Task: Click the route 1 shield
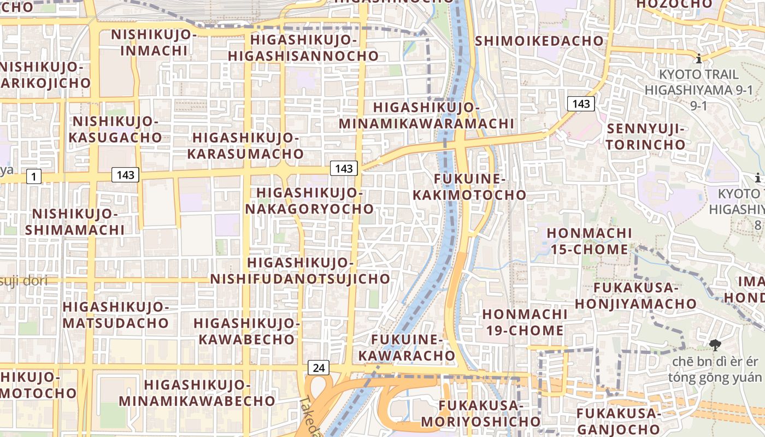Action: (34, 176)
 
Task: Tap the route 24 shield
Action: (319, 368)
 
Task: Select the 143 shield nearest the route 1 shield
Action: (125, 175)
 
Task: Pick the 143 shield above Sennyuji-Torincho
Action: (580, 103)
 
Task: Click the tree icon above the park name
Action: (714, 345)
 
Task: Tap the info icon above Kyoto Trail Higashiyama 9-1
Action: (698, 58)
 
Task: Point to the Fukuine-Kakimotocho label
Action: (469, 187)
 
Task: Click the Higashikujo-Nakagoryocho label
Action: (309, 200)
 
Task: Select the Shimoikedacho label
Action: (539, 41)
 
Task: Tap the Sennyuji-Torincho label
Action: (645, 137)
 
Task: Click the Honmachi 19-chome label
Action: (523, 322)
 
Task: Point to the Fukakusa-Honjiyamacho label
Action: (635, 295)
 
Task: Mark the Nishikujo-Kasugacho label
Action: (115, 129)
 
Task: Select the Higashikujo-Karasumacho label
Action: (245, 145)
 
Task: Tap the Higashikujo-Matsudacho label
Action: (116, 314)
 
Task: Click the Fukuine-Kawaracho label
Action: (413, 347)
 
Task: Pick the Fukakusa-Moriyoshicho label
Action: (480, 413)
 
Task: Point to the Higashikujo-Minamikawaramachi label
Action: (426, 115)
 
